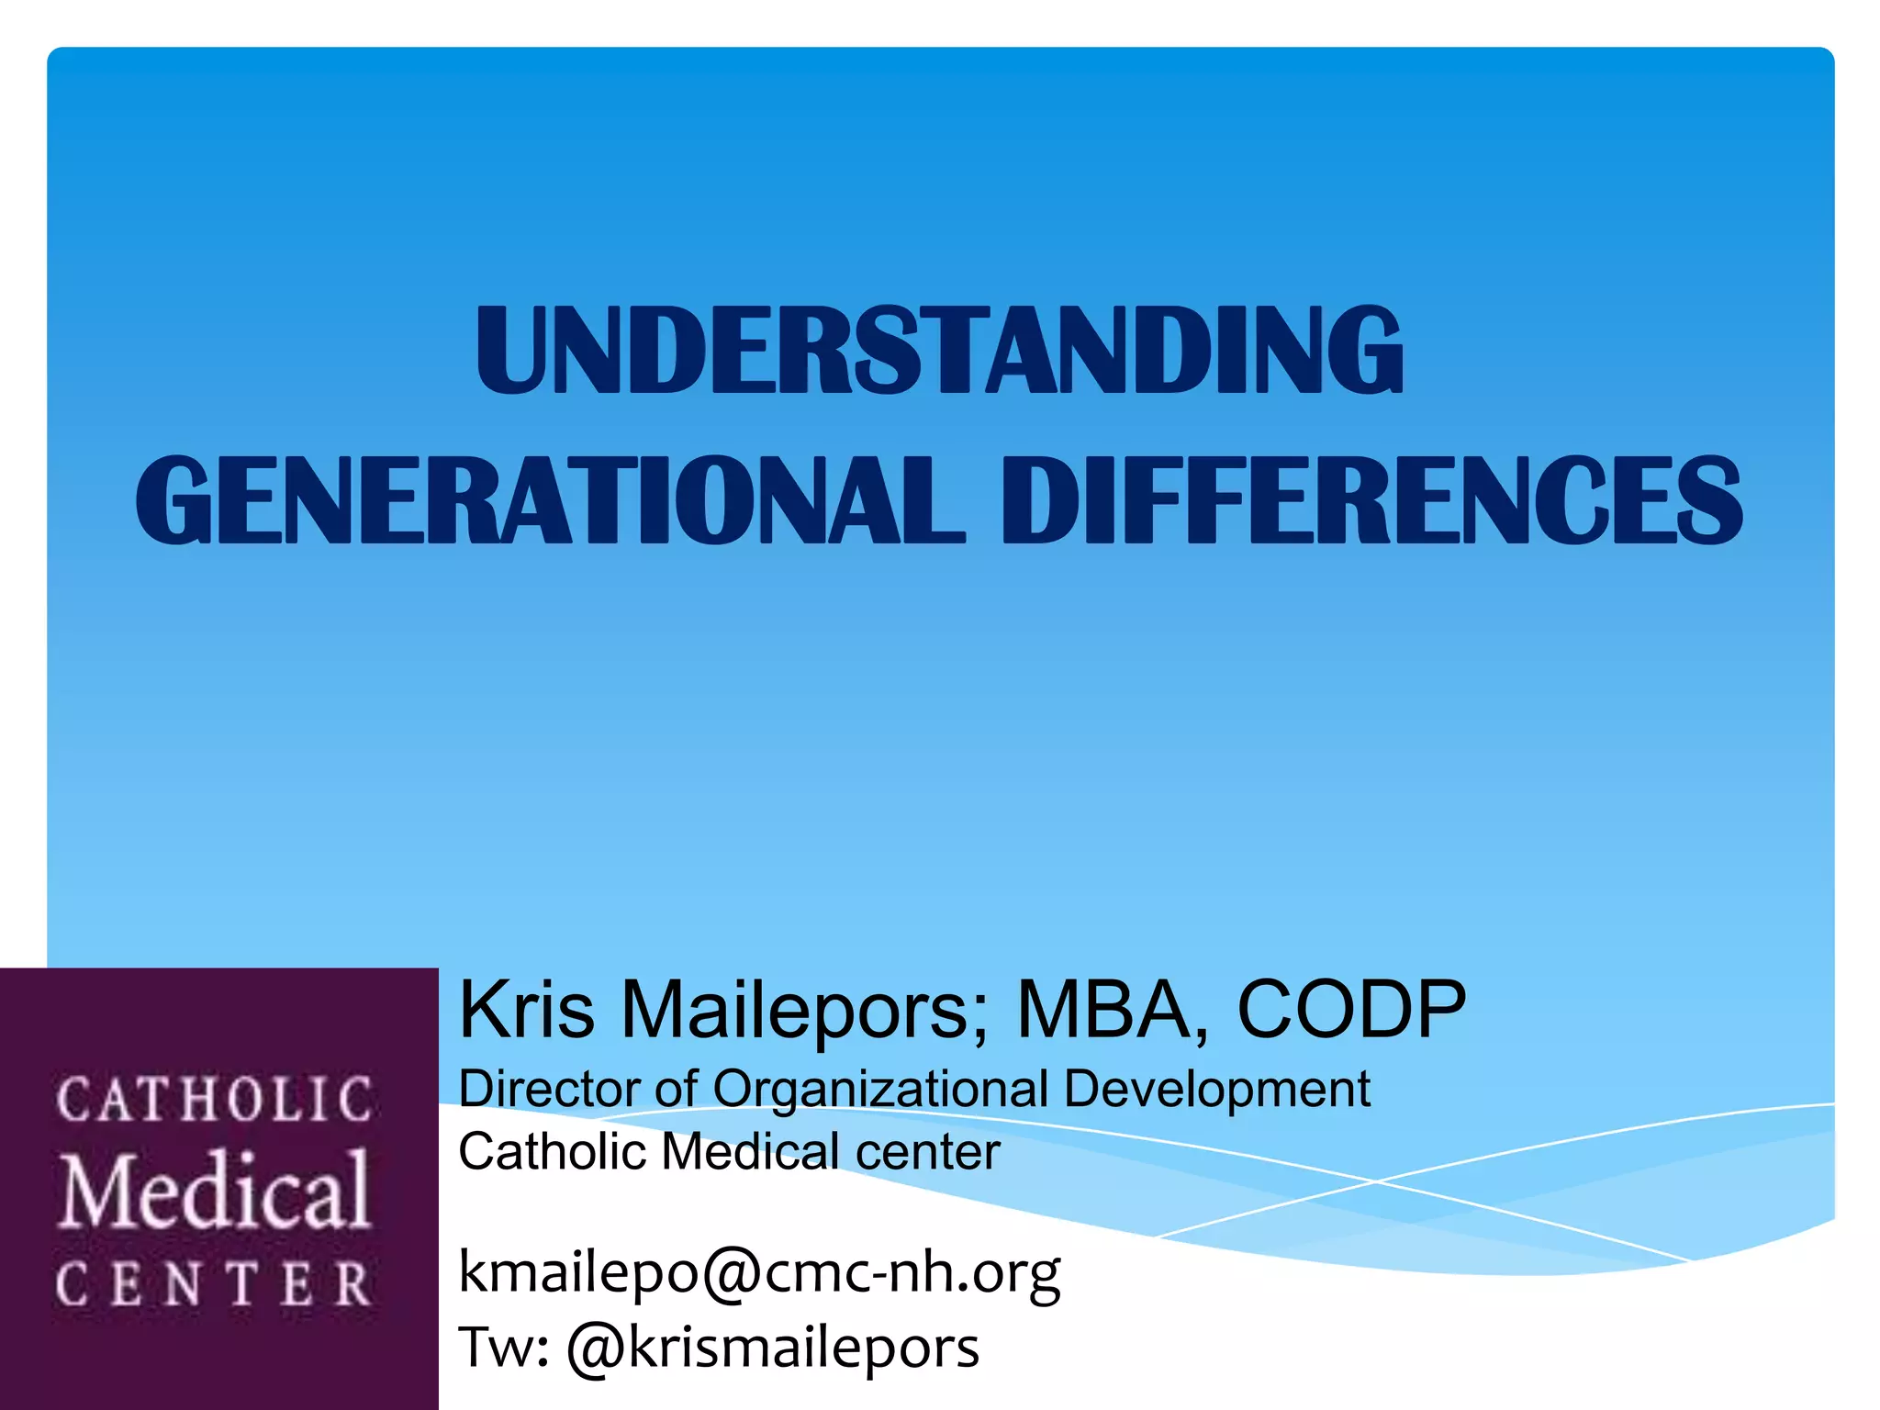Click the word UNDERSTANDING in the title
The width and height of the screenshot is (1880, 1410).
939,351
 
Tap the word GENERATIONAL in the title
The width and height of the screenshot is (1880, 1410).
550,501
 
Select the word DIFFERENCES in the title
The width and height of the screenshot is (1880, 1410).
1372,501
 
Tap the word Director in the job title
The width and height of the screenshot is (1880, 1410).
549,1091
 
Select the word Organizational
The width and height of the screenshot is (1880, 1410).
880,1091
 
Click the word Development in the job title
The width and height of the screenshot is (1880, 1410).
1216,1091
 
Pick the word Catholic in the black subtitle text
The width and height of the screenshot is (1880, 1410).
553,1152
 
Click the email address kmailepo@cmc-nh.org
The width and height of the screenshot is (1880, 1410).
759,1273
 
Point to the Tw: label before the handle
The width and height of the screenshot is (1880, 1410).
503,1348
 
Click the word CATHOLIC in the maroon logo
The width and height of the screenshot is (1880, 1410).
215,1100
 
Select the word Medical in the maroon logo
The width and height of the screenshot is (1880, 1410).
215,1191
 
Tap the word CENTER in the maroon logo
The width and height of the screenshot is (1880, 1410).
215,1283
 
